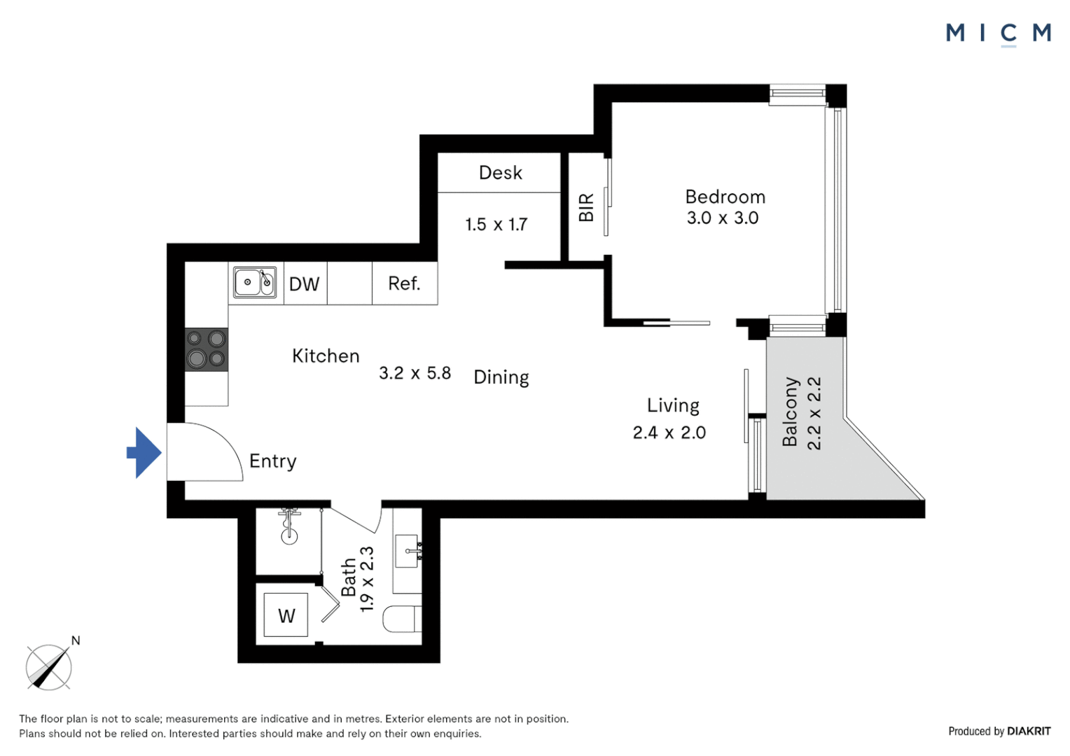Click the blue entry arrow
144,453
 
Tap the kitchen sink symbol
254,283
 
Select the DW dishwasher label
304,284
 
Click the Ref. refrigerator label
404,283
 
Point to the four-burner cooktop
206,349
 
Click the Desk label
500,173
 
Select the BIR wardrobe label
586,208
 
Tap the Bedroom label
725,197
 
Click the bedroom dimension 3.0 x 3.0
722,218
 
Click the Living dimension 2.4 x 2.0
669,433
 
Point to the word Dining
501,377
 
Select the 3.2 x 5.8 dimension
415,373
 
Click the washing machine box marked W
286,615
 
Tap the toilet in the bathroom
402,619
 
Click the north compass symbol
49,667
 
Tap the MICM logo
997,33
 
